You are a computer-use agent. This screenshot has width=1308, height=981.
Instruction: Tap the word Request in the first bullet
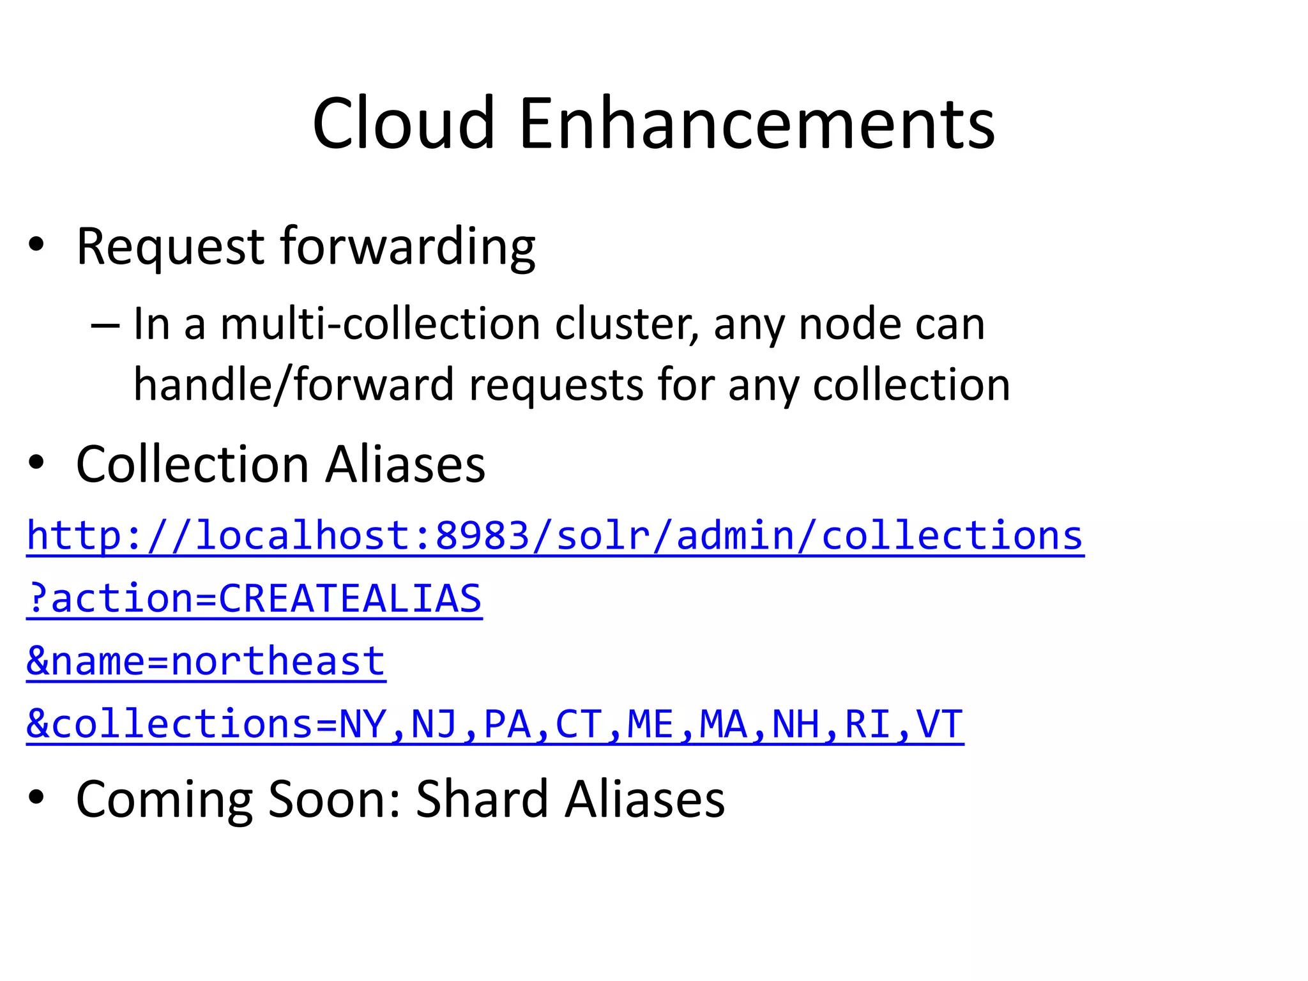170,247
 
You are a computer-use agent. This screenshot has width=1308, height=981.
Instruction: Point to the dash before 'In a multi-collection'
105,325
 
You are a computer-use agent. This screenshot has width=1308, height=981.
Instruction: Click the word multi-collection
380,324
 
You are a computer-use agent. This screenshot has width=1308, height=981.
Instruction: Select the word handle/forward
293,384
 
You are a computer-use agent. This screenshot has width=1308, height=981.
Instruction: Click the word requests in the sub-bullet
556,384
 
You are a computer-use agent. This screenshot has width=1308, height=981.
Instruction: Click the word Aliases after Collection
406,464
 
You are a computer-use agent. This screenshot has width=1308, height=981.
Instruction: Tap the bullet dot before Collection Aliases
36,462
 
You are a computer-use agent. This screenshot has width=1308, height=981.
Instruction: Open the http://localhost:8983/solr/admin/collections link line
555,535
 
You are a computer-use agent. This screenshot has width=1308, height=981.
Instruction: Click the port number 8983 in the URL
482,535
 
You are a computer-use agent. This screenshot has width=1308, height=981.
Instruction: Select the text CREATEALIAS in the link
350,598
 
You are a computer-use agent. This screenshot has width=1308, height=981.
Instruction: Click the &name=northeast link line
206,661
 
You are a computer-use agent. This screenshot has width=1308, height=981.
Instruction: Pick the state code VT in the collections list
939,724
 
